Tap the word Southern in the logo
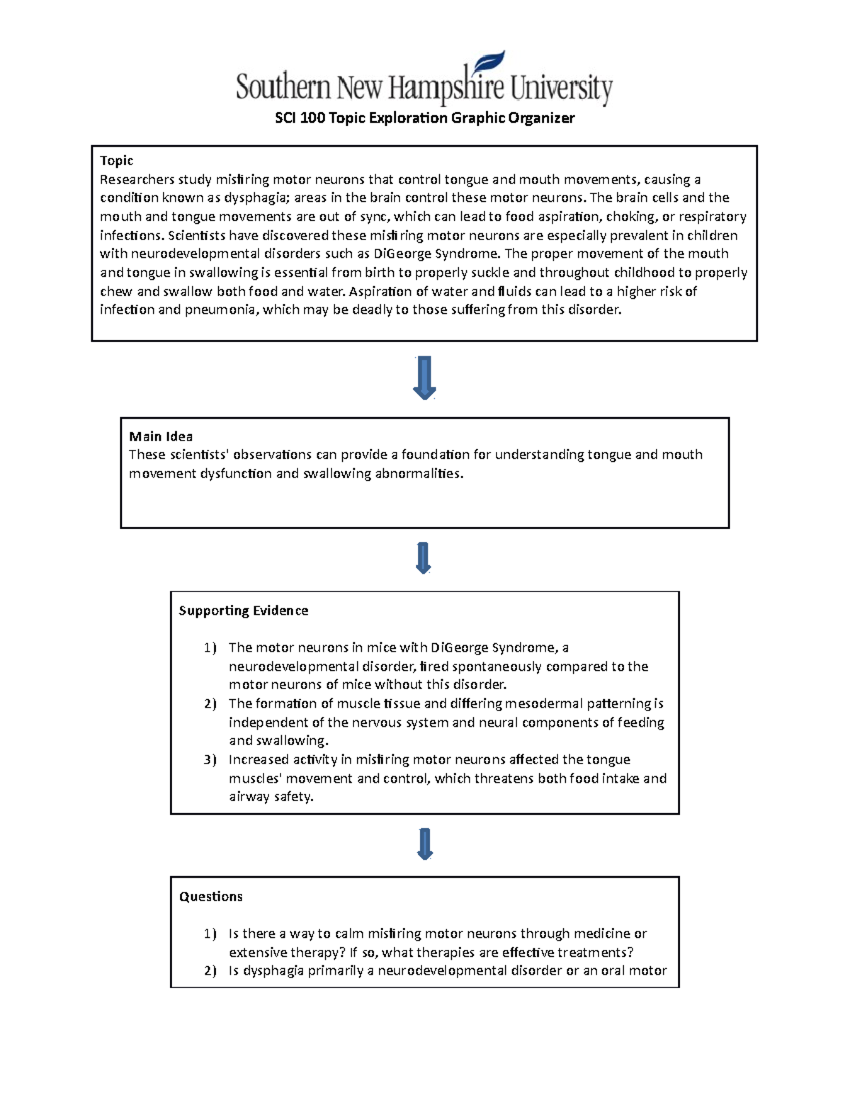point(283,89)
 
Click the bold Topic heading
point(116,161)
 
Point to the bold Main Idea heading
point(161,436)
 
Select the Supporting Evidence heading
point(243,611)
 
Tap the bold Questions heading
point(210,897)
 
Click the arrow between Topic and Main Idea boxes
point(424,378)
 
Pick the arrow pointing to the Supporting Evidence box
point(424,558)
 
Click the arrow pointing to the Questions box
point(424,844)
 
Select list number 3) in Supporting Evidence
point(210,760)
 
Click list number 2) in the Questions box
point(210,971)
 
